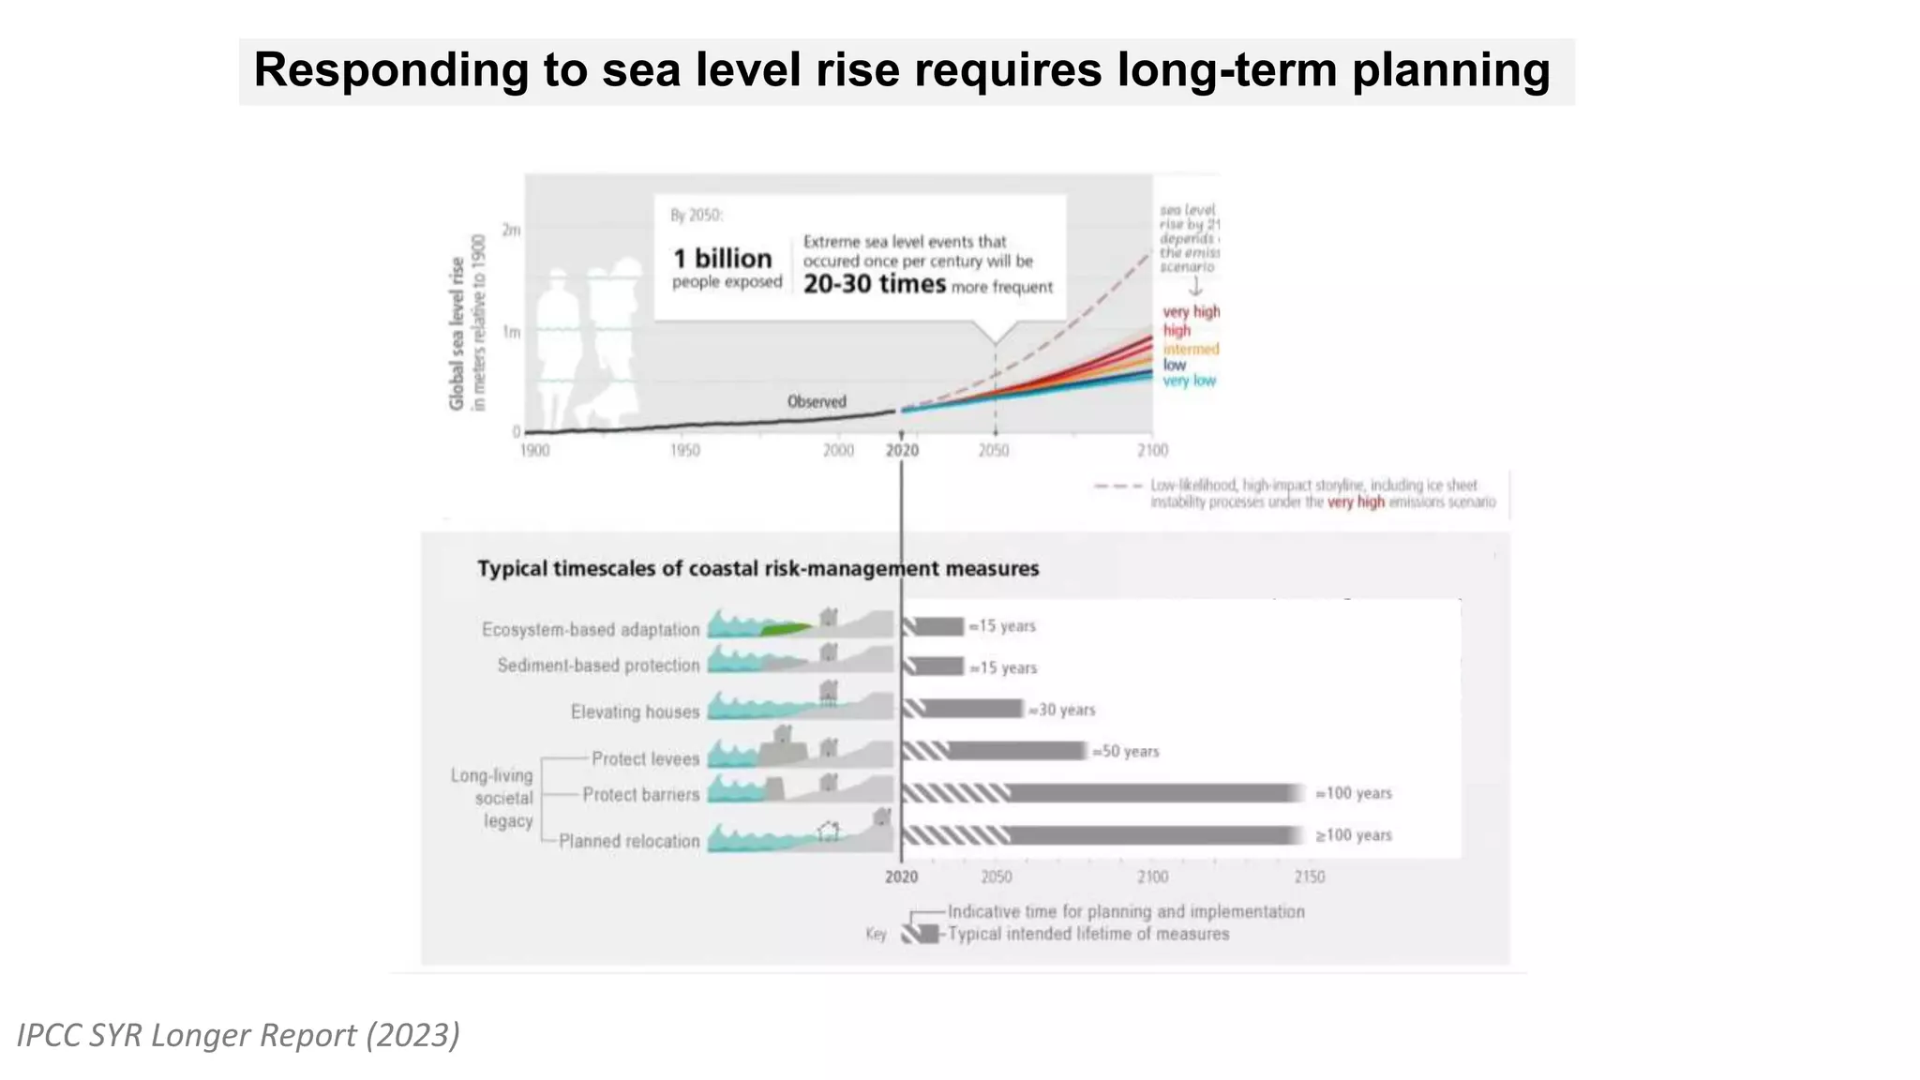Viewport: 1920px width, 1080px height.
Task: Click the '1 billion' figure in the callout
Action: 722,259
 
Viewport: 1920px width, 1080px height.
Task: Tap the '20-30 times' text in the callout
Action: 874,284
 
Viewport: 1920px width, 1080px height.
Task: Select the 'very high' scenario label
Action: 1191,311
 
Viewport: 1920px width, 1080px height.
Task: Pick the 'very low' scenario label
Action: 1189,381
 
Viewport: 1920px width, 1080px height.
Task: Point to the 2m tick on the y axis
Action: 511,230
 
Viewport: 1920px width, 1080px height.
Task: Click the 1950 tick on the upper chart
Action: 685,451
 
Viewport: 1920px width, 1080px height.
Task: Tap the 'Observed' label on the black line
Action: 817,401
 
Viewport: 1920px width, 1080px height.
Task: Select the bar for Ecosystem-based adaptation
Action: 934,626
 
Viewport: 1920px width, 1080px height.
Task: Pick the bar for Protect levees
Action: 995,751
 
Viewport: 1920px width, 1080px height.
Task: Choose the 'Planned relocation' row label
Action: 629,841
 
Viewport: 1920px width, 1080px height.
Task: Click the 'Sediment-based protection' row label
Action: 598,666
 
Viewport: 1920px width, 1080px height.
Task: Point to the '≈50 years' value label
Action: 1126,752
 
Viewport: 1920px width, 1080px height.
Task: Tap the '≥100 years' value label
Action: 1353,835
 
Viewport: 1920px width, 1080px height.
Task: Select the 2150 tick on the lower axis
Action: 1310,877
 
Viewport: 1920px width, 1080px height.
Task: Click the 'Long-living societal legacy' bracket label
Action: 492,798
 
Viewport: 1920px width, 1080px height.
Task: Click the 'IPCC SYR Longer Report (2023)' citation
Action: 238,1035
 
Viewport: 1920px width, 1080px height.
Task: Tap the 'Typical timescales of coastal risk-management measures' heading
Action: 757,569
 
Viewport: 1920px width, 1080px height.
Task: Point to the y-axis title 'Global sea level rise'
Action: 457,333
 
